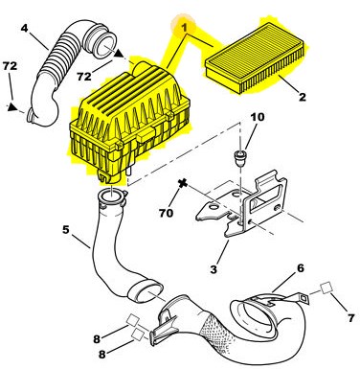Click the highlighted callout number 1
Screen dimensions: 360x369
pyautogui.click(x=184, y=28)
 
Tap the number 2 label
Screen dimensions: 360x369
pyautogui.click(x=302, y=97)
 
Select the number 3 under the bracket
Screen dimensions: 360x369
pyautogui.click(x=214, y=269)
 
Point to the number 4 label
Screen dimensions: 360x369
pyautogui.click(x=25, y=28)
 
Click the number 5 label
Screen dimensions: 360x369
pyautogui.click(x=65, y=229)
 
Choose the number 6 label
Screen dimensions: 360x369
pyautogui.click(x=301, y=268)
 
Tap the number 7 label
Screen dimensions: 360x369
pyautogui.click(x=350, y=318)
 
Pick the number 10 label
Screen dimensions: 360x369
pyautogui.click(x=258, y=117)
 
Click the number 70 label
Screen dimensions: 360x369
pyautogui.click(x=166, y=213)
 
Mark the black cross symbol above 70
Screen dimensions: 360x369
pyautogui.click(x=183, y=184)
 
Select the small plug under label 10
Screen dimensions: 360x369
pyautogui.click(x=239, y=158)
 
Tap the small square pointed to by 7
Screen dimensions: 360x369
pyautogui.click(x=326, y=288)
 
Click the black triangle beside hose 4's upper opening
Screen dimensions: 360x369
pyautogui.click(x=119, y=53)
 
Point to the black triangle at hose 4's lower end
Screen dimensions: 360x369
pyautogui.click(x=12, y=107)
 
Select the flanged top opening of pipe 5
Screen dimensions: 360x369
pyautogui.click(x=112, y=198)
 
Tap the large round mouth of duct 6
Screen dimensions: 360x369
pyautogui.click(x=254, y=317)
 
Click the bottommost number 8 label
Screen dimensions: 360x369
pyautogui.click(x=102, y=354)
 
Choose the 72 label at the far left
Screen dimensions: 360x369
pyautogui.click(x=10, y=66)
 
